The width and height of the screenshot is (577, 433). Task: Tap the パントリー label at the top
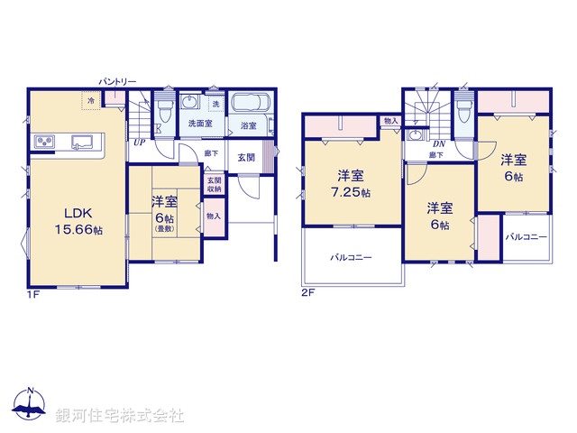tap(118, 82)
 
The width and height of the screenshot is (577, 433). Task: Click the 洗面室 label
tap(200, 123)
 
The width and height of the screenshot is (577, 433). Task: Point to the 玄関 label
tap(247, 157)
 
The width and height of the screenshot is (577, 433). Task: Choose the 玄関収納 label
tap(214, 183)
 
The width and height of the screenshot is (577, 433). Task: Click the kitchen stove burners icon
tap(46, 141)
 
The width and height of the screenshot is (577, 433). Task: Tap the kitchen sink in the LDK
tap(85, 141)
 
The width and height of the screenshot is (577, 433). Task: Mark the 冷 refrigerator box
tap(92, 100)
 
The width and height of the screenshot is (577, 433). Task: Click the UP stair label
tap(140, 143)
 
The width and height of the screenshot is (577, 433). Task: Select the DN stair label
tap(439, 143)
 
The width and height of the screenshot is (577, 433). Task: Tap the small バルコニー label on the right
tap(526, 236)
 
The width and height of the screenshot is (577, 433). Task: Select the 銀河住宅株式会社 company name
tap(122, 415)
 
